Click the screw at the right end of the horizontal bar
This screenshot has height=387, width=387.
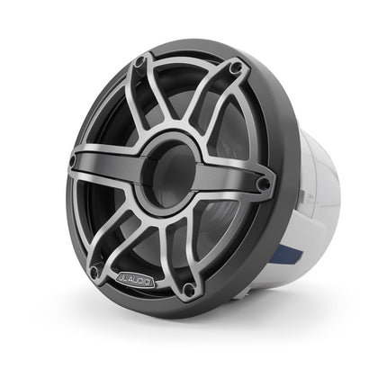click(x=264, y=184)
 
